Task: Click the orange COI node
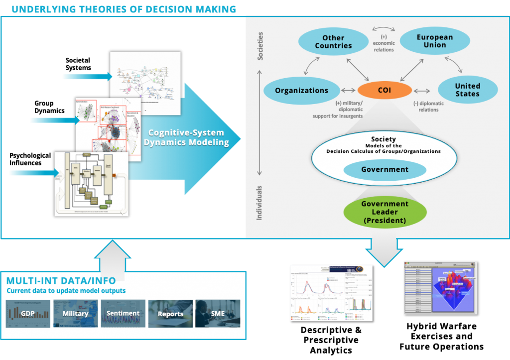pyautogui.click(x=384, y=91)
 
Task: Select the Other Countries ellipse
pyautogui.click(x=333, y=42)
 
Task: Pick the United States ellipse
pyautogui.click(x=467, y=90)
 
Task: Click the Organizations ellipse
pyautogui.click(x=301, y=91)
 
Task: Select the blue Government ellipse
pyautogui.click(x=384, y=169)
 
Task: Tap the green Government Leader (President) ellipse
pyautogui.click(x=384, y=212)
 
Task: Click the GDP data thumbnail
pyautogui.click(x=27, y=314)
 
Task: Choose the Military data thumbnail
pyautogui.click(x=75, y=314)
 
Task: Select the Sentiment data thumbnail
pyautogui.click(x=123, y=314)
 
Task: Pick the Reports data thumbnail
pyautogui.click(x=170, y=314)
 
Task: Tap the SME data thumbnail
pyautogui.click(x=218, y=314)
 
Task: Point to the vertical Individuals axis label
pyautogui.click(x=259, y=203)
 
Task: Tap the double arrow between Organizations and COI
pyautogui.click(x=348, y=91)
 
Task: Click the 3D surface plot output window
pyautogui.click(x=440, y=287)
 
